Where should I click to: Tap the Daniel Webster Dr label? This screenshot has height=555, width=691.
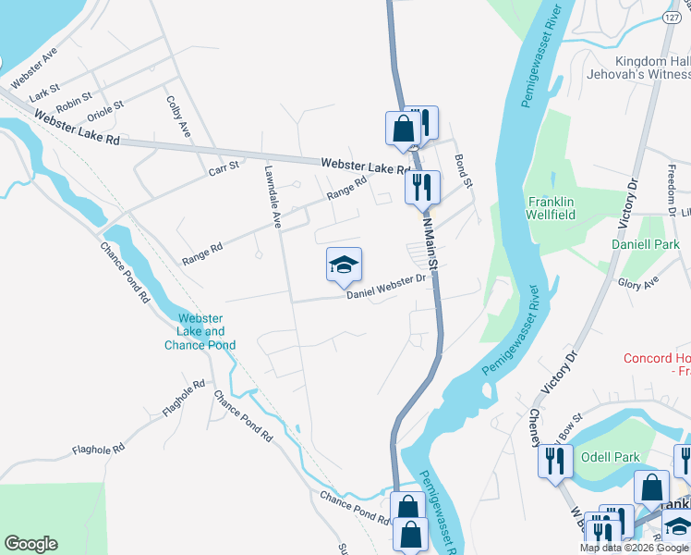click(386, 286)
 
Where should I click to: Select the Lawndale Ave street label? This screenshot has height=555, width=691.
click(273, 196)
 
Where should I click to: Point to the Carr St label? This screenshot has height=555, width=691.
click(224, 167)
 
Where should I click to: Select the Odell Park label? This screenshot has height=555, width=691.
click(611, 456)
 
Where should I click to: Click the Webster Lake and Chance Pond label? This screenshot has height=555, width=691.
click(200, 331)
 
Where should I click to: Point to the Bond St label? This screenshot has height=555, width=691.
click(463, 172)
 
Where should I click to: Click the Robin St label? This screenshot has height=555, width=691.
click(73, 101)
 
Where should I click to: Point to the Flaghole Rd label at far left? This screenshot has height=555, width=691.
click(99, 450)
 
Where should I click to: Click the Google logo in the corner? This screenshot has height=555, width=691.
click(30, 544)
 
